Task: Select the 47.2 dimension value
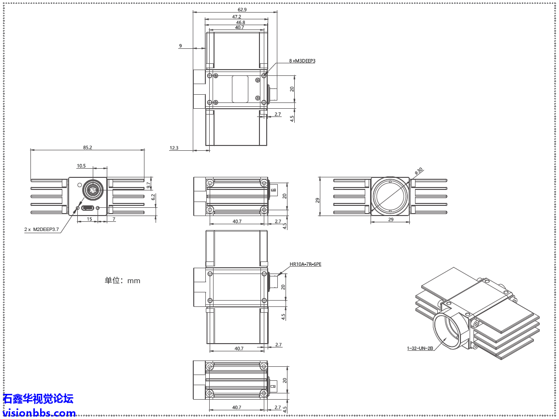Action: click(236, 16)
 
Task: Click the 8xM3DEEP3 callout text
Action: click(302, 61)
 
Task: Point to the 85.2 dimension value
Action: click(87, 147)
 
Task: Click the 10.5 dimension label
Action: click(81, 166)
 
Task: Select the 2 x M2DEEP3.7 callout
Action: click(42, 230)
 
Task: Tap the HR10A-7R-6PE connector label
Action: click(305, 264)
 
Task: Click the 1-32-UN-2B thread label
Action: click(420, 347)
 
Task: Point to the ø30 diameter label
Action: click(419, 171)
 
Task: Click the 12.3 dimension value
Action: click(174, 148)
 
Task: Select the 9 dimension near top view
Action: click(180, 46)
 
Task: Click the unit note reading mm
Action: click(122, 280)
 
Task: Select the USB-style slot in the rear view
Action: click(88, 208)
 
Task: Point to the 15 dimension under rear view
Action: click(89, 219)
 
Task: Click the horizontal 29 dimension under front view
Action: click(390, 219)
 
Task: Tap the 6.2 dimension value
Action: click(153, 197)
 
